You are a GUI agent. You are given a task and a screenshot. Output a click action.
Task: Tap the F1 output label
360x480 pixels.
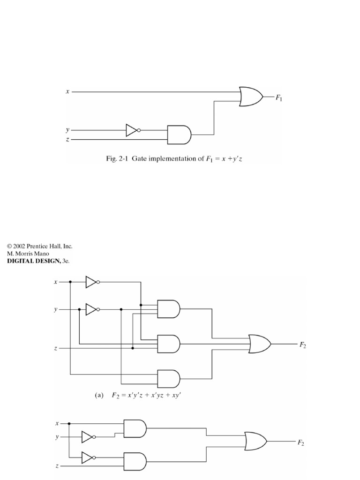click(x=278, y=98)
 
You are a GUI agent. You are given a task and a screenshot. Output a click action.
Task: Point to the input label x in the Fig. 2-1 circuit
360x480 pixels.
click(x=67, y=92)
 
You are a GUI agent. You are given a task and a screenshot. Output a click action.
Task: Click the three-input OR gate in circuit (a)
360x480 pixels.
click(x=259, y=344)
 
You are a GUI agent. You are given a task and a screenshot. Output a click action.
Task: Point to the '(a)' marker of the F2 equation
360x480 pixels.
click(x=99, y=396)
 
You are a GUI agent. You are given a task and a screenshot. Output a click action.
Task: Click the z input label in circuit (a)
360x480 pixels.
click(x=56, y=349)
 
